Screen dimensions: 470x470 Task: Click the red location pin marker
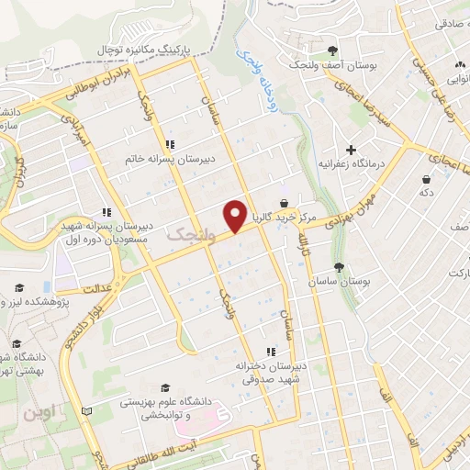[235, 216]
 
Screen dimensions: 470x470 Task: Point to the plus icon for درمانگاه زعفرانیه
[350, 149]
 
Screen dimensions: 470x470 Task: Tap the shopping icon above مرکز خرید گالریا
[284, 203]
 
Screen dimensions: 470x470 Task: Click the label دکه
[426, 193]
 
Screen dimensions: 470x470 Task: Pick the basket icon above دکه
[426, 179]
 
